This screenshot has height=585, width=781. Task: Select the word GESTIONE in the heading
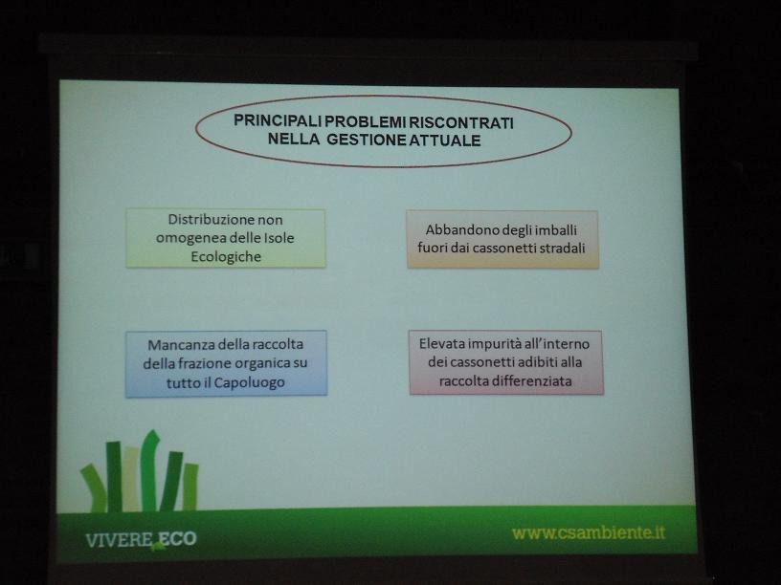pyautogui.click(x=368, y=140)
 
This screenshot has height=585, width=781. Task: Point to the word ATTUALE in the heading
pyautogui.click(x=445, y=141)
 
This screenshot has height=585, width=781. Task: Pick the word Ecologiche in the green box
pyautogui.click(x=226, y=257)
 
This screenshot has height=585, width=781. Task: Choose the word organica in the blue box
pyautogui.click(x=261, y=363)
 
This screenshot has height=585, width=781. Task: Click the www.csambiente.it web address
pyautogui.click(x=589, y=532)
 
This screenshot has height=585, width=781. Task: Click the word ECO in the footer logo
pyautogui.click(x=178, y=539)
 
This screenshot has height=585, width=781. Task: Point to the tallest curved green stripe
pyautogui.click(x=148, y=469)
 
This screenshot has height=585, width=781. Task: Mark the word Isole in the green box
pyautogui.click(x=279, y=238)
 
